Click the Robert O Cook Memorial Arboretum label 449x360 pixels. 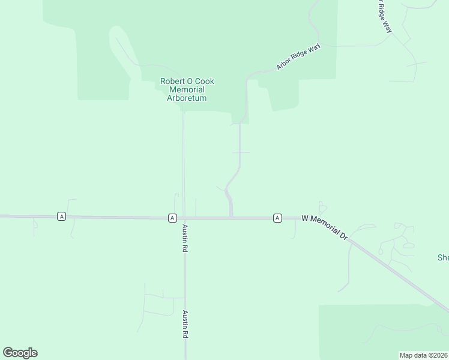point(187,89)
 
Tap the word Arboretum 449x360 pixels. point(187,98)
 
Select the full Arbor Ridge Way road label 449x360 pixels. point(298,57)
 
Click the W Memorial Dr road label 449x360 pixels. point(325,227)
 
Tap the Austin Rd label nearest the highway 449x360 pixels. point(185,238)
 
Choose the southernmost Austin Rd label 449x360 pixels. point(185,325)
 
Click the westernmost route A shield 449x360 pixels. point(61,216)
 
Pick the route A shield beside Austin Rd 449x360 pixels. point(172,217)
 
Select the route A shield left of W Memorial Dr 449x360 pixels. point(277,217)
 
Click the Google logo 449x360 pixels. point(20,353)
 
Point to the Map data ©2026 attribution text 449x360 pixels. point(424,355)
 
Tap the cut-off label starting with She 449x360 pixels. point(443,258)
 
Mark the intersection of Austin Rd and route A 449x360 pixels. point(184,218)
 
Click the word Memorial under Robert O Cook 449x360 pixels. point(187,89)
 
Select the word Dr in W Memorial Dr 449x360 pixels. point(343,236)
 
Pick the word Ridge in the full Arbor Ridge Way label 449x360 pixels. point(298,57)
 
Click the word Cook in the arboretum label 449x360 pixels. point(205,82)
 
